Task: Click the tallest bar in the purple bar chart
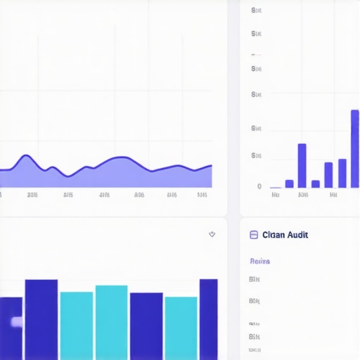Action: pyautogui.click(x=355, y=148)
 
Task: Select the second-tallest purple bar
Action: pyautogui.click(x=302, y=166)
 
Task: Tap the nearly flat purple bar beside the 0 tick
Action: pyautogui.click(x=275, y=187)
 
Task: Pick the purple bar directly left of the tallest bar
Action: pyautogui.click(x=342, y=173)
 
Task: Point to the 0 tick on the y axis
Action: pyautogui.click(x=259, y=186)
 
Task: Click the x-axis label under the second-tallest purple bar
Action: pyautogui.click(x=302, y=195)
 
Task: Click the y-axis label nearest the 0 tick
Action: pyautogui.click(x=256, y=155)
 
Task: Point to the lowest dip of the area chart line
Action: pyautogui.click(x=69, y=175)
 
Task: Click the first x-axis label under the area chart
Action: pyautogui.click(x=32, y=195)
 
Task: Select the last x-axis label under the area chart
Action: pyautogui.click(x=202, y=195)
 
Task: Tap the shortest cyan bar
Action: pyautogui.click(x=181, y=328)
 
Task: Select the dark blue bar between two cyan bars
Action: pyautogui.click(x=146, y=326)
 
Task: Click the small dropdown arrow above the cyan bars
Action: pyautogui.click(x=212, y=234)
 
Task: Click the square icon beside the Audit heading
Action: pyautogui.click(x=254, y=236)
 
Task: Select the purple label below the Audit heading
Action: pyautogui.click(x=259, y=261)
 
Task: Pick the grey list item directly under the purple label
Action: pyautogui.click(x=255, y=279)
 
